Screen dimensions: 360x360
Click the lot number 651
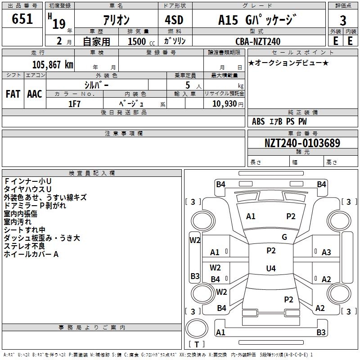pyautogui.click(x=22, y=18)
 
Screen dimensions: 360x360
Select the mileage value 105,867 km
pyautogui.click(x=53, y=65)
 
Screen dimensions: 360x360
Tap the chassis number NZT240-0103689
pyautogui.click(x=302, y=143)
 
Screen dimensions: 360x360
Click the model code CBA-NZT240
pyautogui.click(x=258, y=41)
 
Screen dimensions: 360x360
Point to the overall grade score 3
pyautogui.click(x=343, y=20)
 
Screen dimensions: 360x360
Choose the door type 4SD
pyautogui.click(x=174, y=20)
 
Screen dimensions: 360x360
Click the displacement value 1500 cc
pyautogui.click(x=141, y=41)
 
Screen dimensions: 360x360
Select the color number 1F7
pyautogui.click(x=74, y=104)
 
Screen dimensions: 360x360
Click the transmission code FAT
pyautogui.click(x=13, y=94)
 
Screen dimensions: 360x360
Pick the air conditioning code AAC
pyautogui.click(x=35, y=94)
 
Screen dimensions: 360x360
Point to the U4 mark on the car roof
pyautogui.click(x=271, y=268)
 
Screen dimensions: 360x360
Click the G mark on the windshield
pyautogui.click(x=284, y=237)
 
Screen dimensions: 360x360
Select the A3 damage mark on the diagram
pyautogui.click(x=326, y=252)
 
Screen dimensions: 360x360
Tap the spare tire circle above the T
pyautogui.click(x=197, y=328)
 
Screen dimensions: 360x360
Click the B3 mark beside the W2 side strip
pyautogui.click(x=195, y=276)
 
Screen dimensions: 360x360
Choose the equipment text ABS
pyautogui.click(x=258, y=121)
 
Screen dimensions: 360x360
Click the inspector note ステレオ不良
pyautogui.click(x=24, y=246)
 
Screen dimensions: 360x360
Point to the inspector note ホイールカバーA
pyautogui.click(x=31, y=254)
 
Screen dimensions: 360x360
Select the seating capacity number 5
pyautogui.click(x=188, y=85)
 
